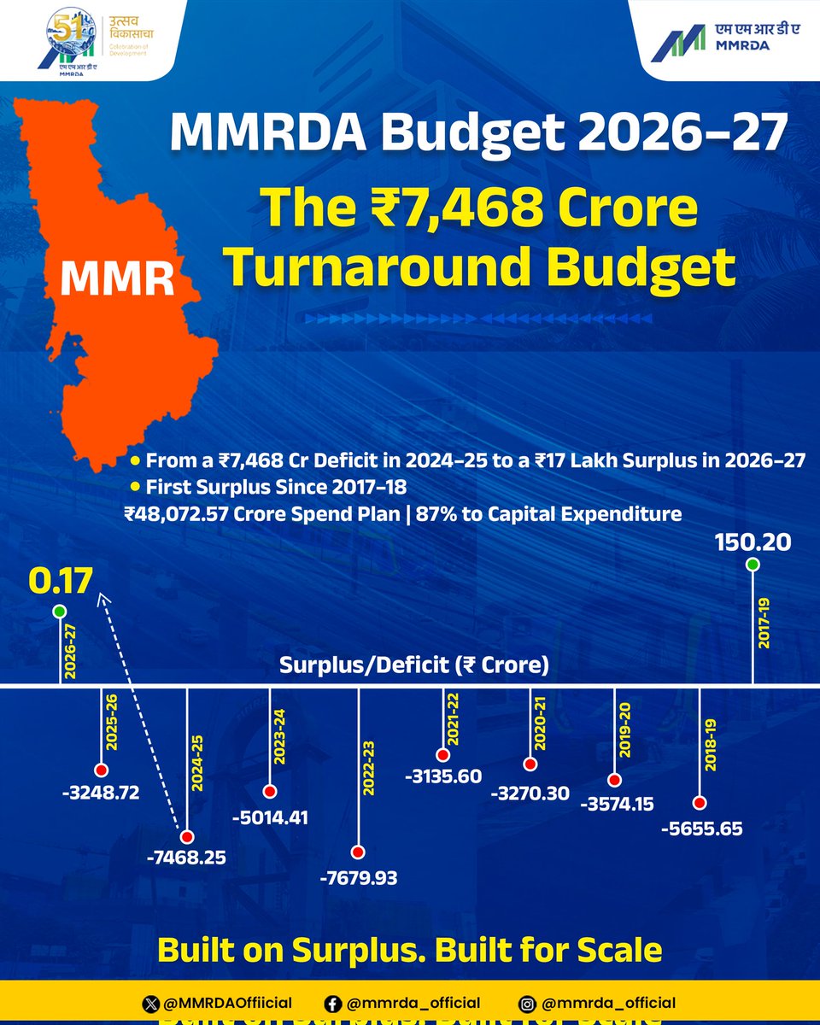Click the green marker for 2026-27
coord(59,611)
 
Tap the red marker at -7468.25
coord(187,837)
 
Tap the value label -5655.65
coord(700,828)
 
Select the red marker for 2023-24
coord(270,791)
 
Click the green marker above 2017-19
coord(752,564)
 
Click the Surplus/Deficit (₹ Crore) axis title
coord(413,665)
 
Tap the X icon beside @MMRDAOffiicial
coord(153,1003)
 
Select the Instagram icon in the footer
coord(528,1003)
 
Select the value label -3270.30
coord(530,793)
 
